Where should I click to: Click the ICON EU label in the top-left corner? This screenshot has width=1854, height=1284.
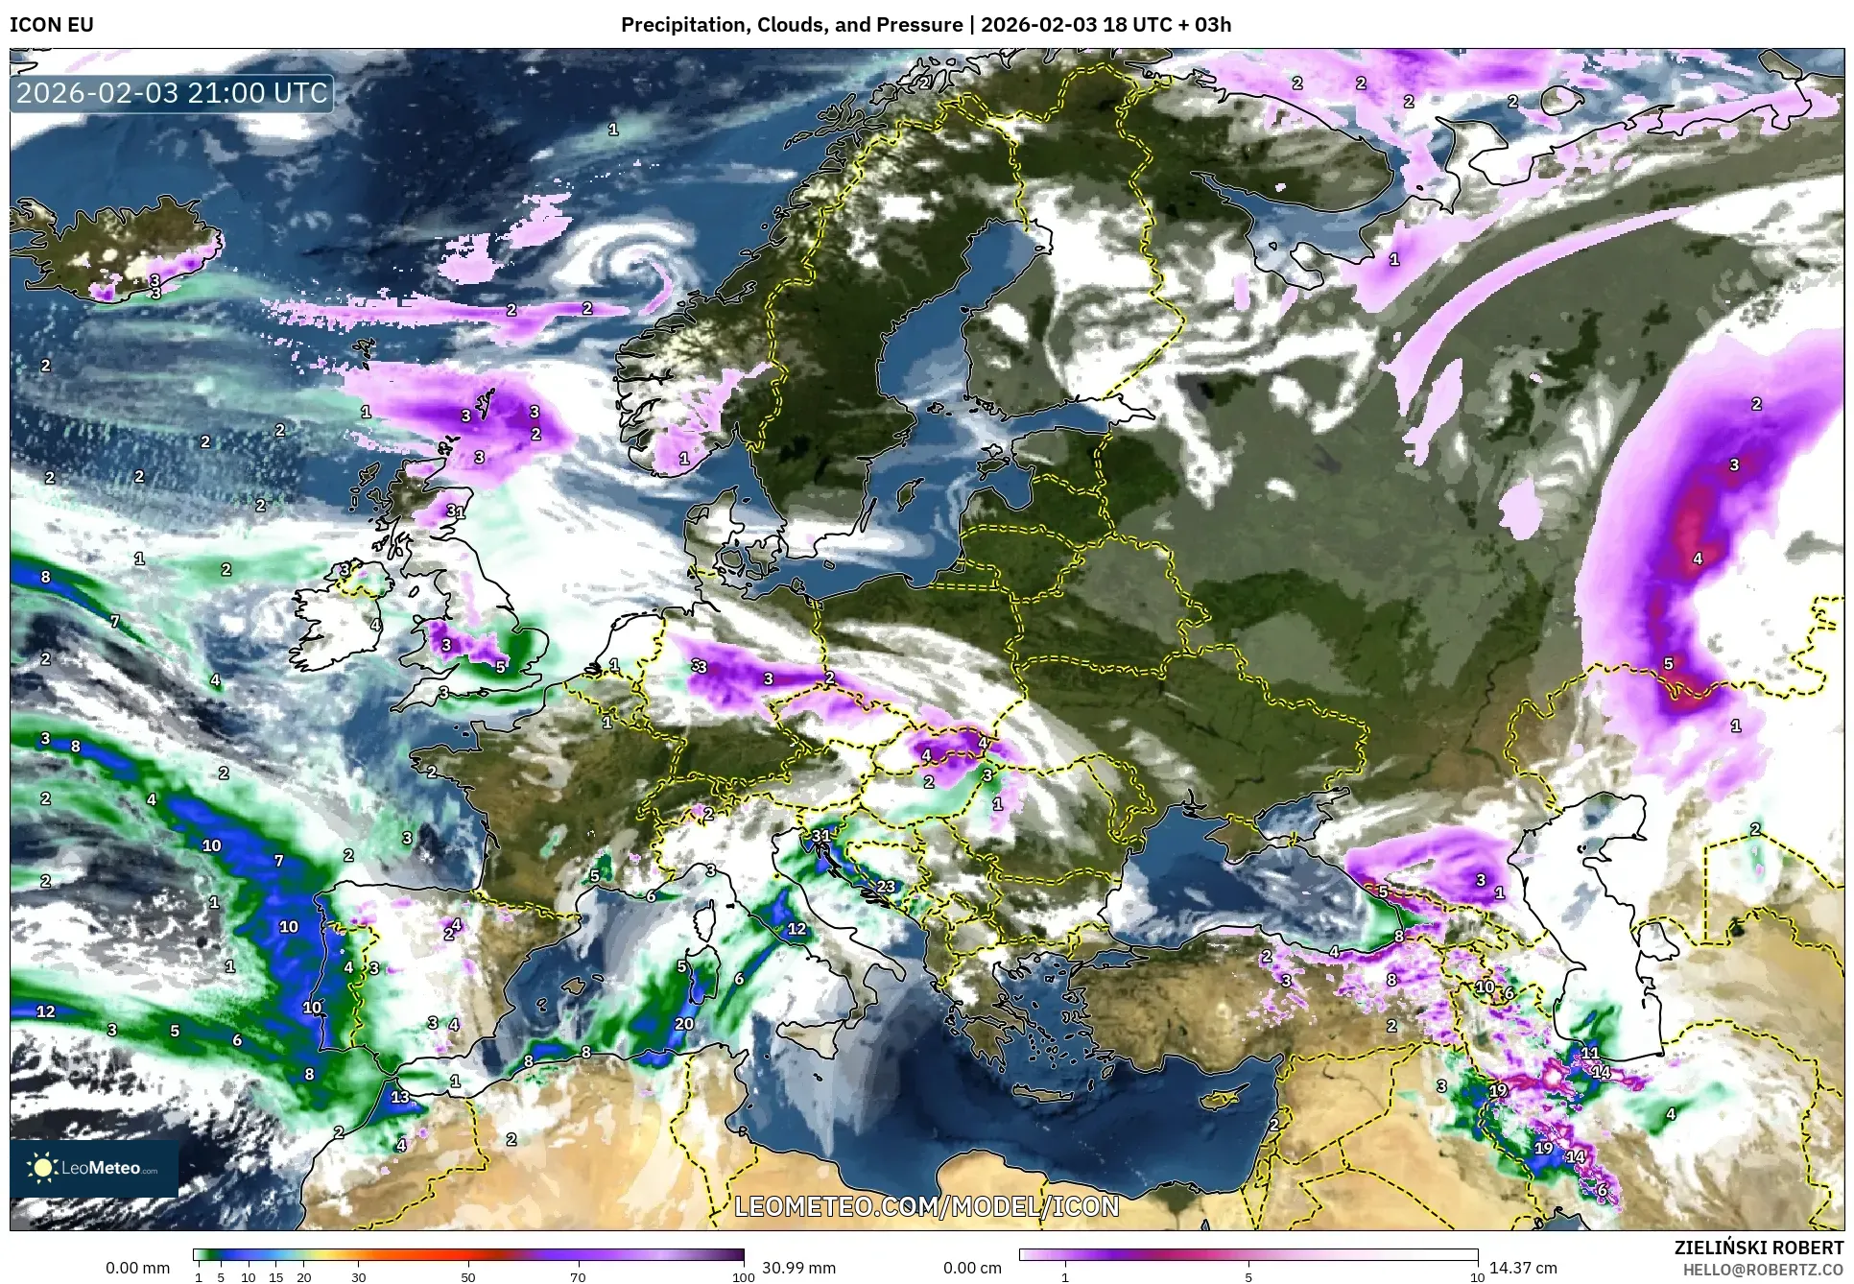(52, 25)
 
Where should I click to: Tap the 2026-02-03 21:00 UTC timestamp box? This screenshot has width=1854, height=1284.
(173, 94)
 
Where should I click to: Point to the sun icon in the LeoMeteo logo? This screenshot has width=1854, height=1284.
(42, 1167)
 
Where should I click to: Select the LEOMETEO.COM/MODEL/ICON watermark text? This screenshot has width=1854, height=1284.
(927, 1206)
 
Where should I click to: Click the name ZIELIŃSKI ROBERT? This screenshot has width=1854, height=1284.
(1759, 1248)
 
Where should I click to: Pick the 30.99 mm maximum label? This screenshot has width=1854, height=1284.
(798, 1268)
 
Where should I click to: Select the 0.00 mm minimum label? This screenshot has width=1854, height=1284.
(137, 1268)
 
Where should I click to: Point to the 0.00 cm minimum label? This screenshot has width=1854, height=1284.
(972, 1268)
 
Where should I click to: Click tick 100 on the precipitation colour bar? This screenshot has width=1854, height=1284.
(743, 1276)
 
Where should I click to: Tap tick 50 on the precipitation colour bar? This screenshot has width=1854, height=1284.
(468, 1276)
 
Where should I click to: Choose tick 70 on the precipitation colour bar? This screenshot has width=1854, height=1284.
(578, 1276)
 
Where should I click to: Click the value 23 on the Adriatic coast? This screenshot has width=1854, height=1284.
(886, 887)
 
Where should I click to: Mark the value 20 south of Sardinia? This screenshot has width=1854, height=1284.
(683, 1024)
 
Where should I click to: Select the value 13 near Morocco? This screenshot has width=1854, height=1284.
(399, 1097)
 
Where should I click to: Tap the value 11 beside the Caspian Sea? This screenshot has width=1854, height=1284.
(1590, 1054)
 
